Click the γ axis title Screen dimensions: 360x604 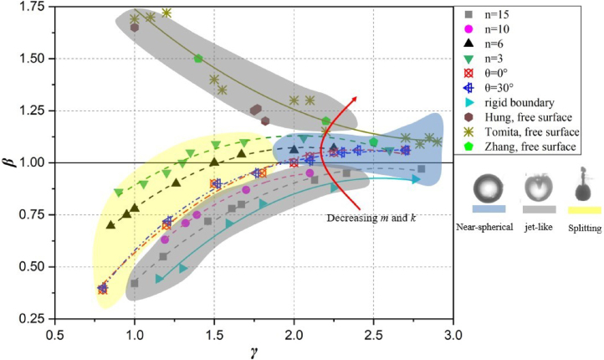253,351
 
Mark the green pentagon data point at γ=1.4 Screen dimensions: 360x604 198,59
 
